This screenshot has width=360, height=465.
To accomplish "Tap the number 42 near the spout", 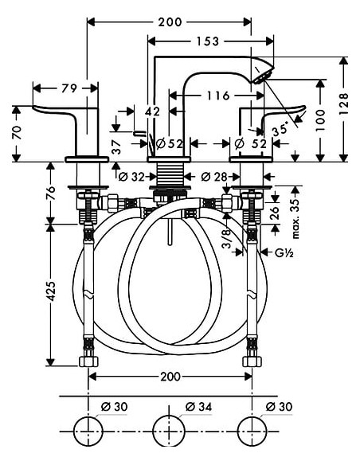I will click(153, 113).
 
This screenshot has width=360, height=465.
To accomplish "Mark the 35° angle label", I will click(280, 125).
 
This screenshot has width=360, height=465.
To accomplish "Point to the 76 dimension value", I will click(50, 193).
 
